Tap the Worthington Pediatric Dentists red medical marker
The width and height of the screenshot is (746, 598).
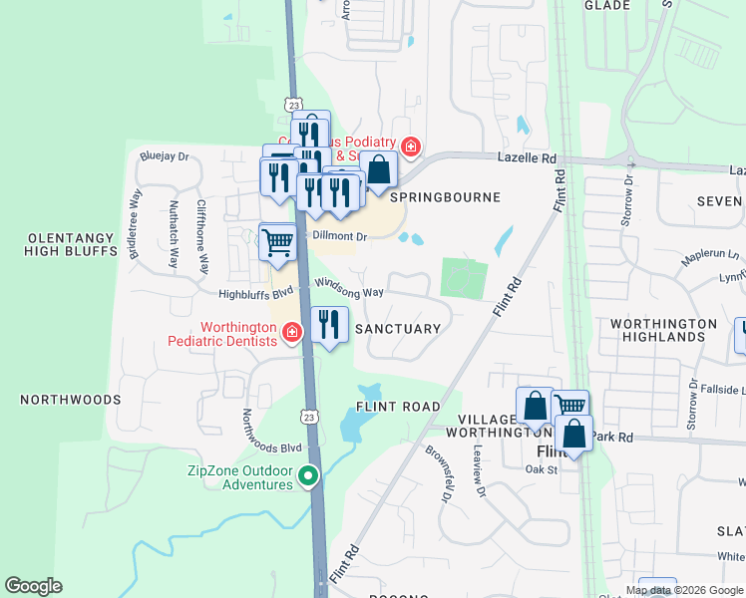292,333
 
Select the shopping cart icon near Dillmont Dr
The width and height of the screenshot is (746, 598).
277,240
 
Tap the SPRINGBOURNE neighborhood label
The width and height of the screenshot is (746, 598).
438,197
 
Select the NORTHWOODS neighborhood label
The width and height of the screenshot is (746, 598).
70,399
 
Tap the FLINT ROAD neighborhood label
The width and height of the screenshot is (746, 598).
398,407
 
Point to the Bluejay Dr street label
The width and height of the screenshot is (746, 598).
165,156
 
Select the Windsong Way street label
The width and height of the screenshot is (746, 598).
349,288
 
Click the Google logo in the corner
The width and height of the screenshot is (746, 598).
33,586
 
